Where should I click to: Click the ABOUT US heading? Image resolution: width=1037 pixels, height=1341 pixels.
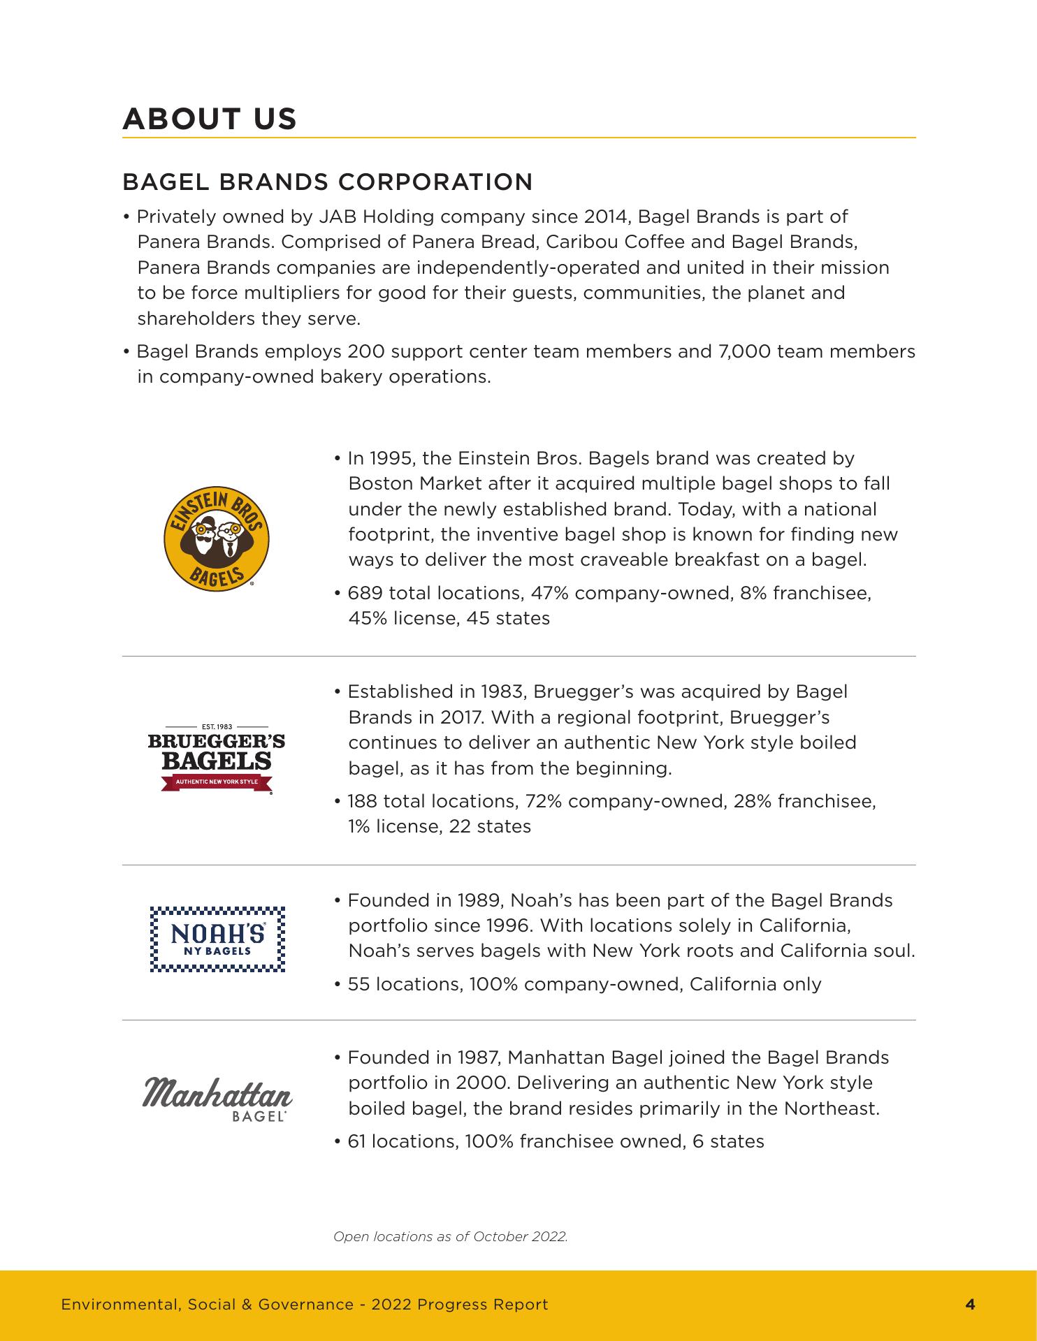click(x=210, y=119)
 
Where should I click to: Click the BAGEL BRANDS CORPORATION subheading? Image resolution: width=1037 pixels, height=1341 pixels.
click(x=327, y=182)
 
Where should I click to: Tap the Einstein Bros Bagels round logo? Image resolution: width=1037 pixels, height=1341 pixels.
click(x=217, y=539)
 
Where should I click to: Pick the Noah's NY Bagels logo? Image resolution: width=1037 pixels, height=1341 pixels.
click(x=218, y=939)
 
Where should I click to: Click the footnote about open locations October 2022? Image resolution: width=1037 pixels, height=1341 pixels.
click(x=451, y=1237)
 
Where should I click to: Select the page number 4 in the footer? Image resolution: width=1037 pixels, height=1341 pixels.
click(x=970, y=1304)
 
